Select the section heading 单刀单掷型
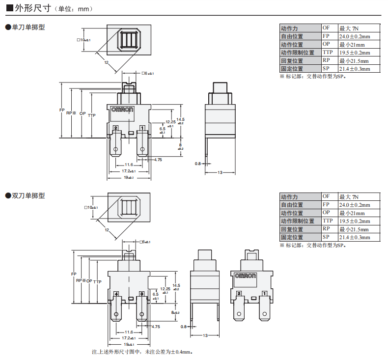pos(28,28)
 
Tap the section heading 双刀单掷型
pos(28,195)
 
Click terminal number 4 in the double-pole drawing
pos(116,294)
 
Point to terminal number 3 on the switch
pos(142,294)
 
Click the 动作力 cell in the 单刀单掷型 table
pos(289,28)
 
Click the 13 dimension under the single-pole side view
pos(220,172)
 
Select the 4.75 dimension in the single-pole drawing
pos(158,160)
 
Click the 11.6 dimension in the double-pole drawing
pos(129,332)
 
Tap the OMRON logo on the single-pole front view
pos(122,110)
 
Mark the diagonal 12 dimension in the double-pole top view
pos(107,230)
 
